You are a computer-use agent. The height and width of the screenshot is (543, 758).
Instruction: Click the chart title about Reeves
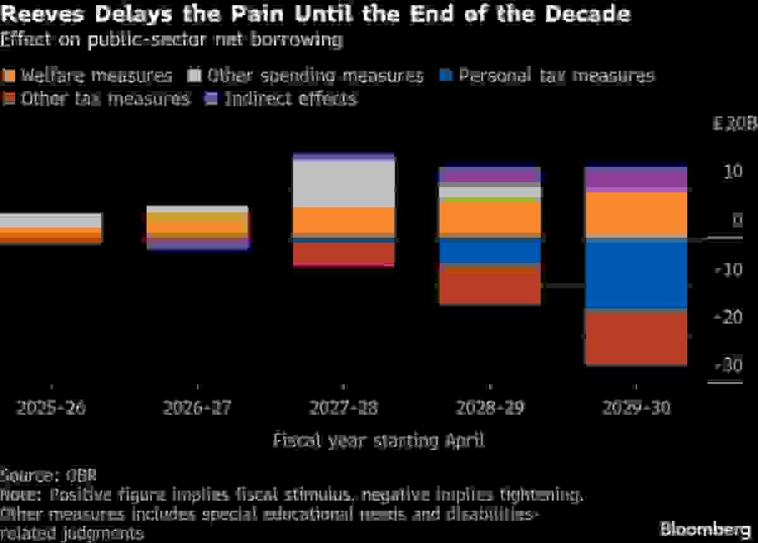(315, 14)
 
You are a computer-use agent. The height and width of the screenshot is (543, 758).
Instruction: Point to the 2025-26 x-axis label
(51, 408)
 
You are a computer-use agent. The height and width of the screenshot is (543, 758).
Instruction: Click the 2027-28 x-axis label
(344, 408)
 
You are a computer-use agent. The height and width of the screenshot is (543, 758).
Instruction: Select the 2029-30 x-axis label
(636, 408)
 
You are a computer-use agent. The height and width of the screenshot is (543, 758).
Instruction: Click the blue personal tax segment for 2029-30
(635, 276)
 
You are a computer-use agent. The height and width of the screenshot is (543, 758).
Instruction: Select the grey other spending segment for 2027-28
(344, 183)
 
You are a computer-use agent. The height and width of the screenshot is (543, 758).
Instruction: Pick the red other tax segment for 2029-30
(635, 338)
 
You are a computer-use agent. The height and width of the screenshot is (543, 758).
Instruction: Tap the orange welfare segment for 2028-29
(490, 219)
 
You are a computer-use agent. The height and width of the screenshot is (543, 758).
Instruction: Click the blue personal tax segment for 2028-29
(490, 252)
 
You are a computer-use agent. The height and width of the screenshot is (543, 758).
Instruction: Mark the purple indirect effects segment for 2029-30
(635, 180)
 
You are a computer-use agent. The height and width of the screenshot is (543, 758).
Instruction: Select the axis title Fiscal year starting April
(378, 440)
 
